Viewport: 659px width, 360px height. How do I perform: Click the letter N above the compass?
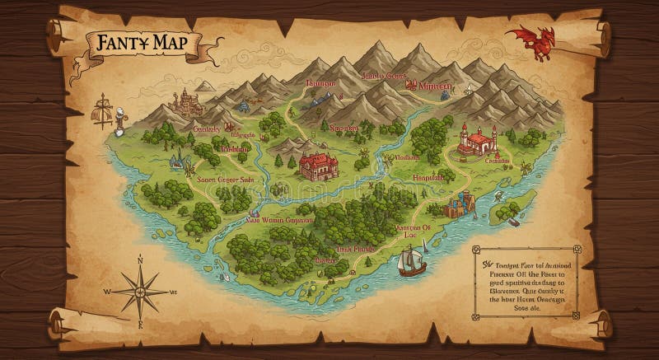point(140,260)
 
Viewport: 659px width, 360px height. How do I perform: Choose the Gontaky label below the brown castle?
point(206,129)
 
